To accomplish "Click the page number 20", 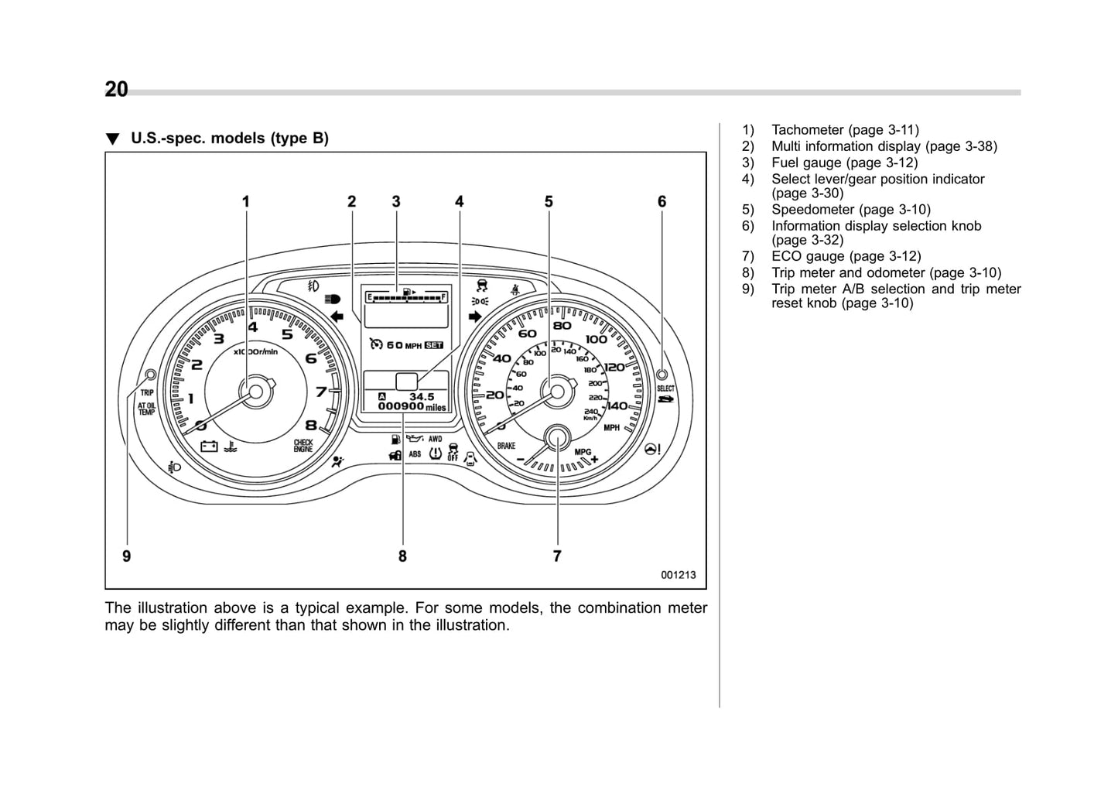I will [x=116, y=90].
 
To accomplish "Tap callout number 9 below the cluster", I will [x=126, y=556].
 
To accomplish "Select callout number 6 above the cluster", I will [x=662, y=202].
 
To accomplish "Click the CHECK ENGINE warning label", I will [x=303, y=445].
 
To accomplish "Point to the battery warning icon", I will [x=209, y=446].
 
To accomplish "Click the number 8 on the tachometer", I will [x=311, y=424].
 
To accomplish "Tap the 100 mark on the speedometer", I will [x=597, y=339].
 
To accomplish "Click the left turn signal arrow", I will [x=336, y=317].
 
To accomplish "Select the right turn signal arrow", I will [x=475, y=317].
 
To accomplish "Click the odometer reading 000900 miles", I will [x=412, y=406].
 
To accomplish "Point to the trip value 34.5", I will [x=422, y=396].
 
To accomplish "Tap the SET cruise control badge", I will [x=434, y=345].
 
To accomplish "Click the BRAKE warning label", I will [x=506, y=446].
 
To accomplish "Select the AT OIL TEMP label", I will [x=146, y=409].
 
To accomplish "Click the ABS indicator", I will [x=415, y=454].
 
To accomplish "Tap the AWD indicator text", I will [x=436, y=439].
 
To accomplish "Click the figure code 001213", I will [x=678, y=575].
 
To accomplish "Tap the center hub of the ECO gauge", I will [x=557, y=439].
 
